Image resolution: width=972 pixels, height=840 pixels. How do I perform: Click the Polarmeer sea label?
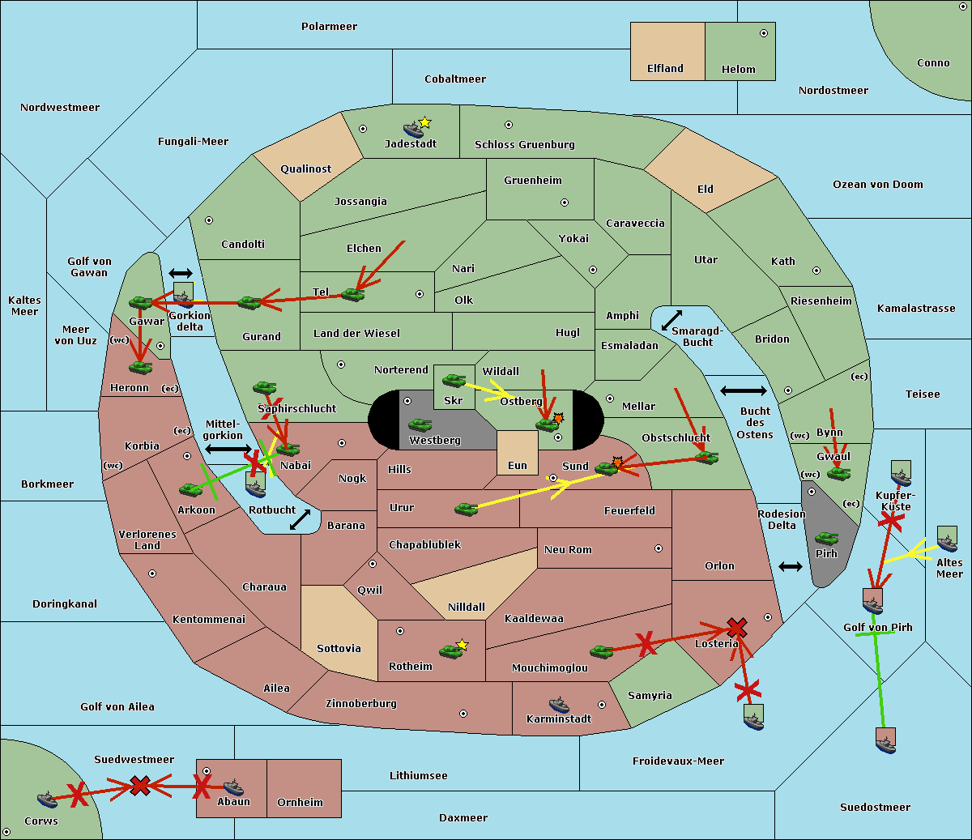(x=329, y=27)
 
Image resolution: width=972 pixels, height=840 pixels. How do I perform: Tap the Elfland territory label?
(x=665, y=69)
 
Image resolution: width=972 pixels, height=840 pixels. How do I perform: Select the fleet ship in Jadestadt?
(x=414, y=130)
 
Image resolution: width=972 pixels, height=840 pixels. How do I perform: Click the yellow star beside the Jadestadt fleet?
(x=425, y=122)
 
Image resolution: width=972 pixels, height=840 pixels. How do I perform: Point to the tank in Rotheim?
(x=450, y=650)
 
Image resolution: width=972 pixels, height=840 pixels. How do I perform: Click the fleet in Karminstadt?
(x=559, y=704)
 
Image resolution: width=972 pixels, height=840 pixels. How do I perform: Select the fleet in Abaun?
(x=233, y=787)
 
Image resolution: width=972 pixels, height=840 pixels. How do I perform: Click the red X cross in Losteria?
(x=736, y=627)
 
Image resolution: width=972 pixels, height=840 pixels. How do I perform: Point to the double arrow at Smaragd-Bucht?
(x=671, y=321)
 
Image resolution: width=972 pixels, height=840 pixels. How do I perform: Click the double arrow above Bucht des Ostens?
(x=743, y=391)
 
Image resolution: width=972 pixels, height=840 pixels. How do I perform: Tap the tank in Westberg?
(x=420, y=424)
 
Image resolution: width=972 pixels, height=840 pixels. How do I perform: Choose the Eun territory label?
(x=518, y=466)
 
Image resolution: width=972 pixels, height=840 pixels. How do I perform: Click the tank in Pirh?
(x=826, y=538)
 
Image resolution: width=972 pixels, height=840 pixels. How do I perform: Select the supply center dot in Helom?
(x=763, y=33)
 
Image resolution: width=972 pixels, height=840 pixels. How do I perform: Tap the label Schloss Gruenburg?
(x=524, y=145)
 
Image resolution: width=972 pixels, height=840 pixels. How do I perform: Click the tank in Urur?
(x=466, y=509)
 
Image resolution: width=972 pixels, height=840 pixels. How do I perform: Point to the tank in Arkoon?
(x=191, y=489)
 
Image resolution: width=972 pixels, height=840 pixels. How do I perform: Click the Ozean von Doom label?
(x=878, y=185)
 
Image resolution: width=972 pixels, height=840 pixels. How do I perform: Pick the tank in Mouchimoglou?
(x=601, y=651)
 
